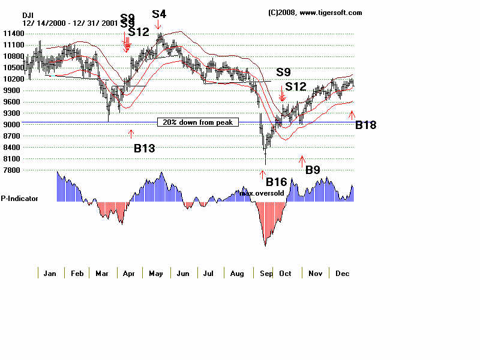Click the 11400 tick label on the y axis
12,45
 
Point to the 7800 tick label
12,170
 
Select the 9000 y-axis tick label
12,125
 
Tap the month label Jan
50,274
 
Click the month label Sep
265,274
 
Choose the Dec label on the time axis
342,274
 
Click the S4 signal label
159,13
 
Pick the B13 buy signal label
145,148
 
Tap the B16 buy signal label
277,182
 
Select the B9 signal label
313,170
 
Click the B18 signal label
366,125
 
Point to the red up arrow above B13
131,133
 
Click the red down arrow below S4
158,25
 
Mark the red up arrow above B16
262,173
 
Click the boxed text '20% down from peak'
198,122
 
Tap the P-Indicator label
19,198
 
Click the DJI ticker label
28,15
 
